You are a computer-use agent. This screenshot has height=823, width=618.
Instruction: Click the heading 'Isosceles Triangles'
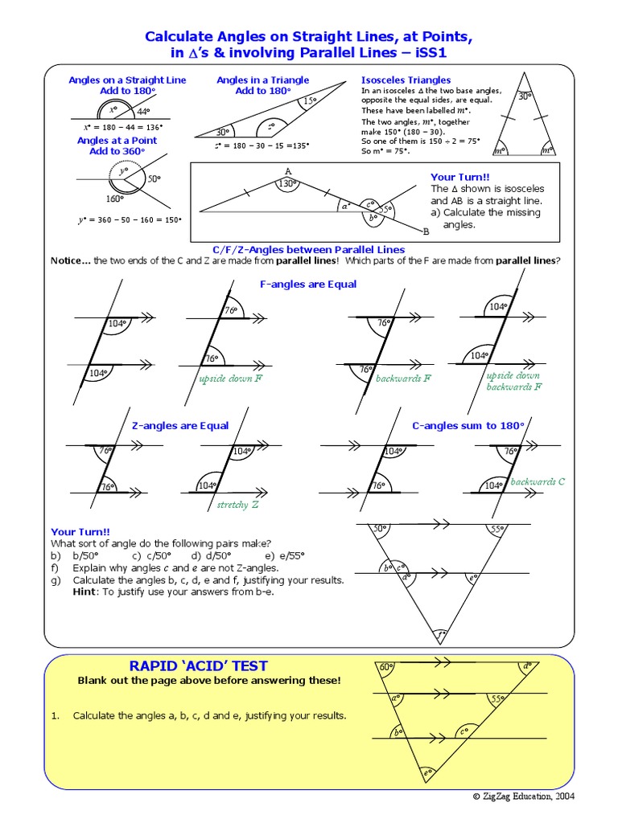pyautogui.click(x=406, y=80)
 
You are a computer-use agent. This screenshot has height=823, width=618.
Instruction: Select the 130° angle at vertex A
pyautogui.click(x=287, y=184)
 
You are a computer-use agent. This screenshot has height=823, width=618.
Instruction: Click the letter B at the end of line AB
pyautogui.click(x=426, y=231)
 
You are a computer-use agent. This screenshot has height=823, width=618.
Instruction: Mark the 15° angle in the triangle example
pyautogui.click(x=311, y=100)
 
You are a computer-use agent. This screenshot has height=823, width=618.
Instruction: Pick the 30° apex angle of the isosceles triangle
pyautogui.click(x=525, y=96)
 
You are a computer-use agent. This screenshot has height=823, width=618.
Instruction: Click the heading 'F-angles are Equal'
pyautogui.click(x=308, y=284)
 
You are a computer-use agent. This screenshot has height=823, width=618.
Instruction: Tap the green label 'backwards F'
pyautogui.click(x=403, y=379)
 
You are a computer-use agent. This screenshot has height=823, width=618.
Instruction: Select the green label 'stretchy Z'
pyautogui.click(x=238, y=505)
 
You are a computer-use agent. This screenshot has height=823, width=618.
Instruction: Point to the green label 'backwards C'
pyautogui.click(x=538, y=481)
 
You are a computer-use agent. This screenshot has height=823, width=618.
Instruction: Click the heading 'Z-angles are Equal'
pyautogui.click(x=179, y=425)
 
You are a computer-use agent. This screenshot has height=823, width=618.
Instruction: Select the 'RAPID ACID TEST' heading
pyautogui.click(x=199, y=665)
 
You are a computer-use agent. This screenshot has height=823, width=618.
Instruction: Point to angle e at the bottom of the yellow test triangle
pyautogui.click(x=428, y=774)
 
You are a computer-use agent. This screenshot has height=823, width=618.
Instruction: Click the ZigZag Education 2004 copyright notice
pyautogui.click(x=523, y=796)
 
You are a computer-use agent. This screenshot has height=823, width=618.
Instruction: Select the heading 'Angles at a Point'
pyautogui.click(x=117, y=140)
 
